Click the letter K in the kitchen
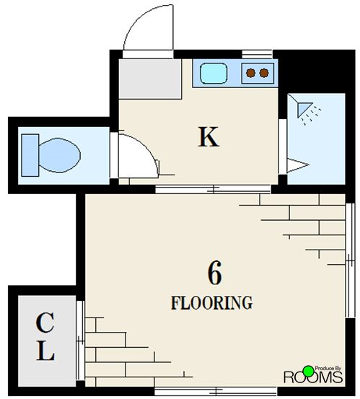coord(208,137)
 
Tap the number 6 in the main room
coord(215,273)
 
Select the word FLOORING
coord(211,303)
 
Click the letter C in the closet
coord(45,323)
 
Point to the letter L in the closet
coord(45,351)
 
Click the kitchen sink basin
coord(214,74)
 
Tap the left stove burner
coord(251,73)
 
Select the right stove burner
coord(264,73)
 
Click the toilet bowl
coord(60,155)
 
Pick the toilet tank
coord(30,155)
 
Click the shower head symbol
coord(304,110)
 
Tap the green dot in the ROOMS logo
coord(309,372)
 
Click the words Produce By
coord(328,368)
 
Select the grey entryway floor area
coord(150,79)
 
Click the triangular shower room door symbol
coord(297,165)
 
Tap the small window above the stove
coord(257,54)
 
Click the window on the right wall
coord(351,260)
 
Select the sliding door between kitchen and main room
coord(213,189)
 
